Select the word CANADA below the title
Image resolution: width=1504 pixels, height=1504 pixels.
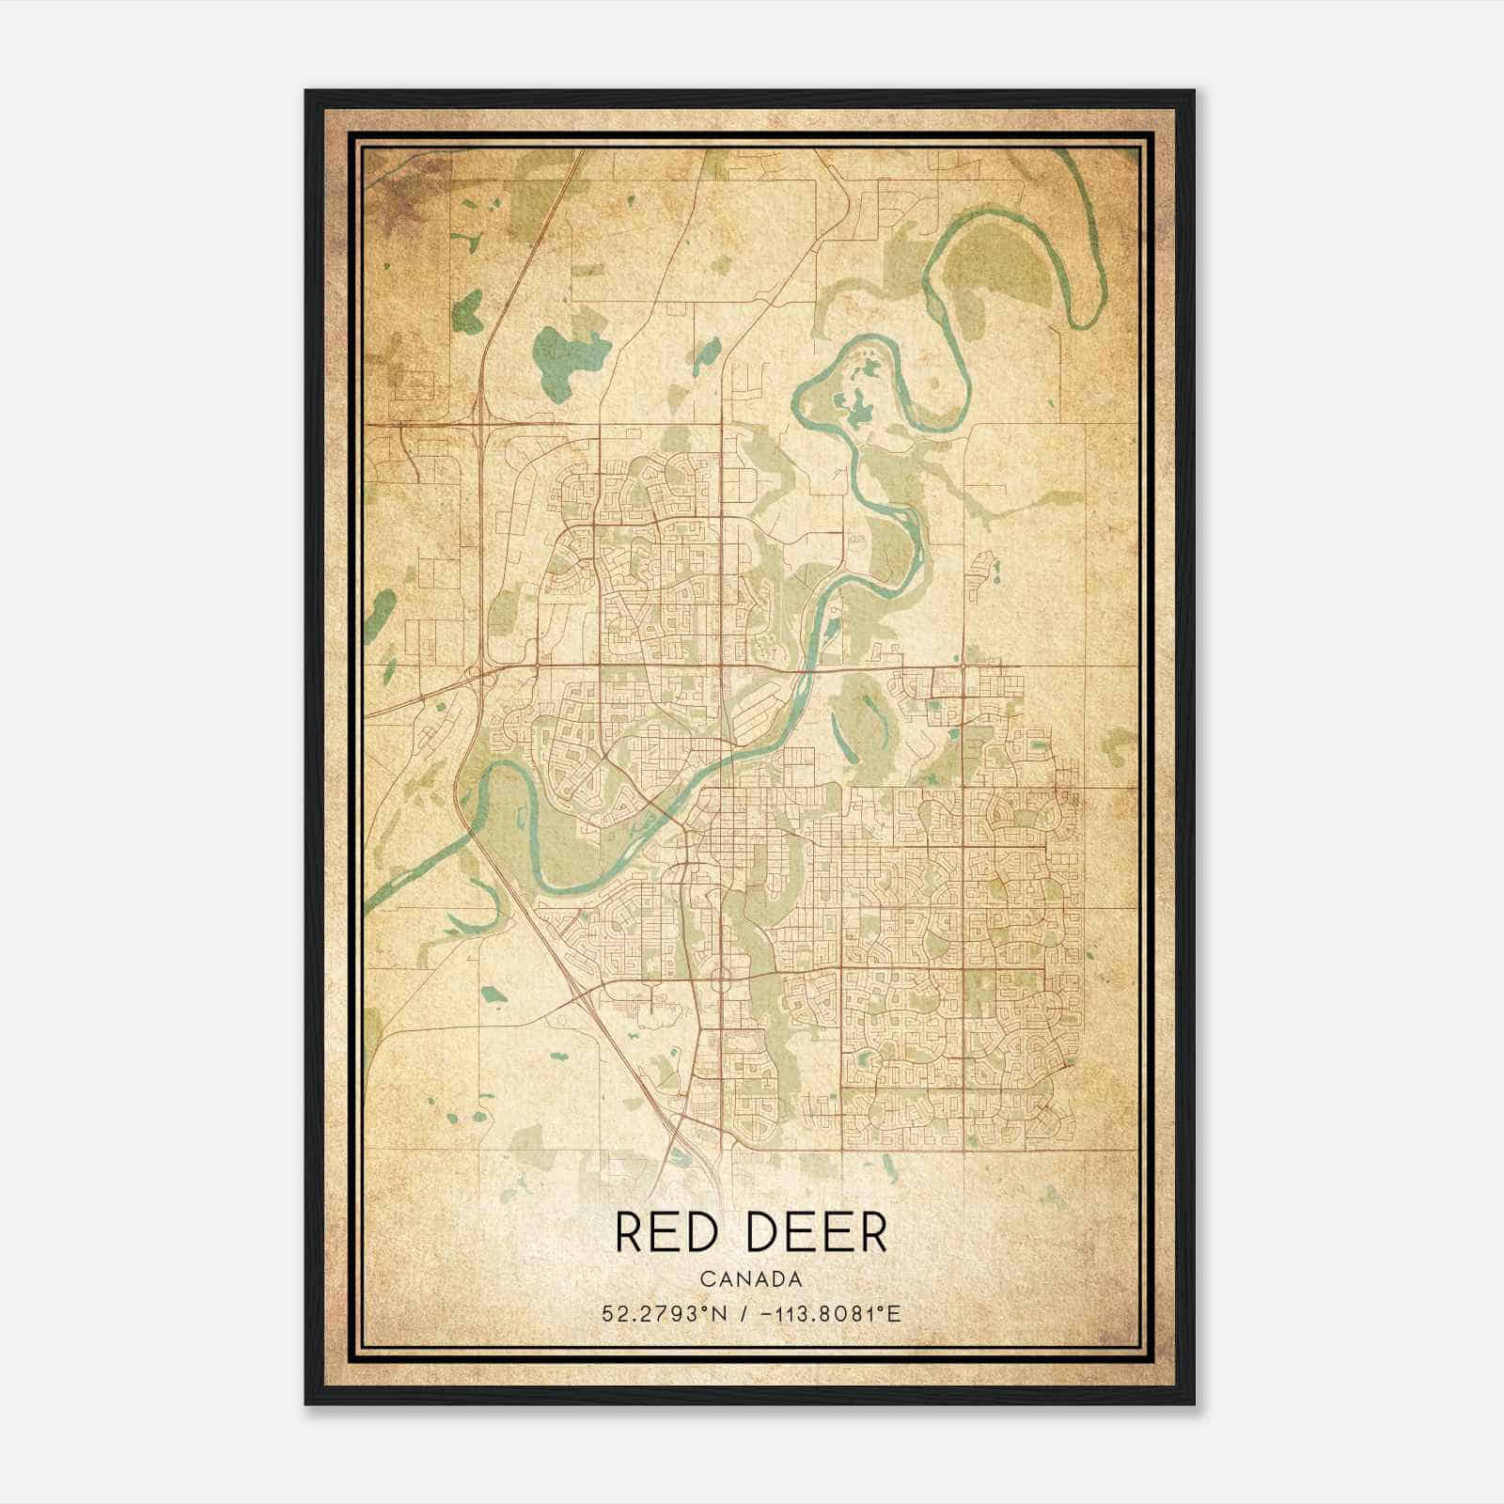750,1279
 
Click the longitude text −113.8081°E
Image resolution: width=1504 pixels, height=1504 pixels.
827,1313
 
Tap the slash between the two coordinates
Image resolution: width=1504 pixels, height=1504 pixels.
744,1313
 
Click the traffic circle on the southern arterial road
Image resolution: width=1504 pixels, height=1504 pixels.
721,979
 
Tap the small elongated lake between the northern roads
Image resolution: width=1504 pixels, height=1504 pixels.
701,353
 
